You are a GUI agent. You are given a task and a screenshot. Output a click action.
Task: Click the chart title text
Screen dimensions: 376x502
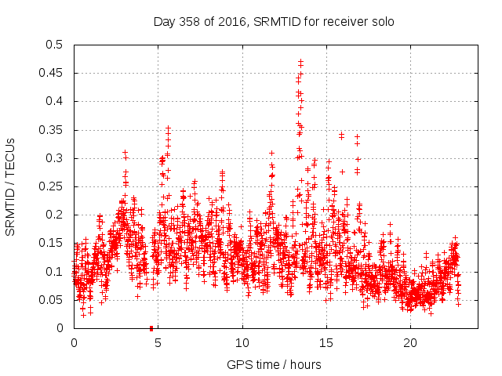(x=273, y=21)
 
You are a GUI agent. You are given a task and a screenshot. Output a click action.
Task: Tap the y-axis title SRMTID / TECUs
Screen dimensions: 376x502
(x=11, y=186)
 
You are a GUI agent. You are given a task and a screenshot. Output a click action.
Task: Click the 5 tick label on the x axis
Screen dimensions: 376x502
(x=158, y=343)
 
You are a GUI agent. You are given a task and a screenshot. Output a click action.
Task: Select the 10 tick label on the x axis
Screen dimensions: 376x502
(x=242, y=343)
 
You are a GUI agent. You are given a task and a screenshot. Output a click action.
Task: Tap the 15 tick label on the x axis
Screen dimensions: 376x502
(x=326, y=343)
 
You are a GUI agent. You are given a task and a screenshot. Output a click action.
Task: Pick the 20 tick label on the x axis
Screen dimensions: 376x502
(x=410, y=343)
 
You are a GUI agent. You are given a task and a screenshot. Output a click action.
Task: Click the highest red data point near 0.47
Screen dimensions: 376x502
(x=300, y=61)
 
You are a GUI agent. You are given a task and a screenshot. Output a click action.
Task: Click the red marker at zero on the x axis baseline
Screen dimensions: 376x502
(x=151, y=327)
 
